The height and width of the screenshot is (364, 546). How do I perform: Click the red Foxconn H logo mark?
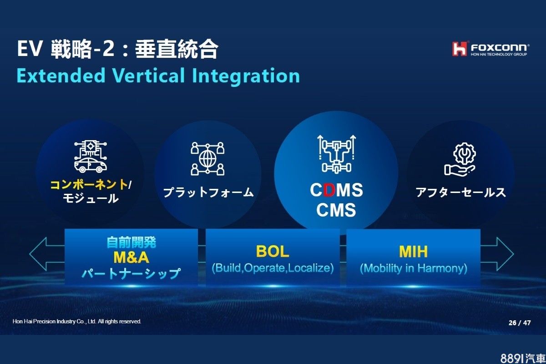tap(460, 49)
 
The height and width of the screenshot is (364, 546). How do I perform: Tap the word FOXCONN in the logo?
tap(500, 47)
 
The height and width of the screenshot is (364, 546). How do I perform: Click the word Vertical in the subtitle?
tap(148, 76)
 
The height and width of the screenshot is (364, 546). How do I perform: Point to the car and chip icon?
tap(91, 157)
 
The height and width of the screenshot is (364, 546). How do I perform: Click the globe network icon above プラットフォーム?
tap(207, 158)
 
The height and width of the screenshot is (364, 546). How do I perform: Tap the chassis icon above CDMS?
tap(336, 154)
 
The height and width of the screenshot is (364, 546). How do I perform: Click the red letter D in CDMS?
tap(329, 190)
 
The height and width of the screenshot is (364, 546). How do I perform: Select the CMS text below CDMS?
tap(336, 210)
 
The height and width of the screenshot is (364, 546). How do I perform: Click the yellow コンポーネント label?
tap(89, 185)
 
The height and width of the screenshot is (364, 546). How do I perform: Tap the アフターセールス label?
tap(460, 192)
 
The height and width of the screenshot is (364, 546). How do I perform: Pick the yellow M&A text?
tap(131, 258)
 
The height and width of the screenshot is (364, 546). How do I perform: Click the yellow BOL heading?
tap(273, 251)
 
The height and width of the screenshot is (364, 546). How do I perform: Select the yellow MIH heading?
tap(414, 252)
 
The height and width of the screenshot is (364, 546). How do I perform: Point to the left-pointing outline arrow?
tap(46, 254)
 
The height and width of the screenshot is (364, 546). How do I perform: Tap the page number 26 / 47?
tap(520, 323)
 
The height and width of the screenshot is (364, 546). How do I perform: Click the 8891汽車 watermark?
tap(523, 359)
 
